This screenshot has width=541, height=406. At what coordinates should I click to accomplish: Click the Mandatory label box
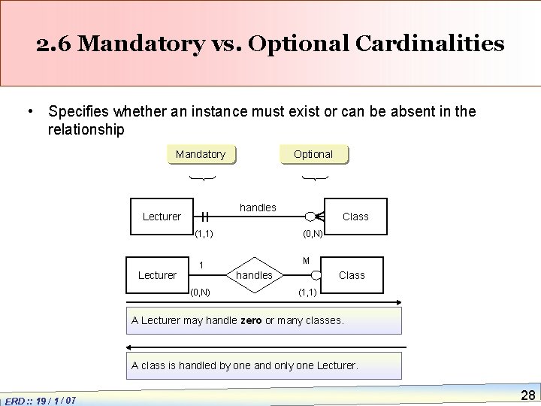click(200, 154)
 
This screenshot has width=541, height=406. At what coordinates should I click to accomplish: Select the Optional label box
click(313, 154)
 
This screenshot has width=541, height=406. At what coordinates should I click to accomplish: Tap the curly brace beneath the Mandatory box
click(201, 178)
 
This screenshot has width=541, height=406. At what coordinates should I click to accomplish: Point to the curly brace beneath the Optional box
click(314, 178)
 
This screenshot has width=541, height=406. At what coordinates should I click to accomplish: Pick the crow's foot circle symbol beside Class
click(313, 217)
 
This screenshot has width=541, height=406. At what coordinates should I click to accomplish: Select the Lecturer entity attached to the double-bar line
click(162, 217)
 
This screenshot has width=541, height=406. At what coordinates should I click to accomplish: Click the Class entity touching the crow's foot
click(355, 217)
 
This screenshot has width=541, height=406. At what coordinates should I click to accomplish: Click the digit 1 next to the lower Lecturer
click(201, 265)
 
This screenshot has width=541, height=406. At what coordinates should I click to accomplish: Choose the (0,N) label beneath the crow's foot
click(313, 234)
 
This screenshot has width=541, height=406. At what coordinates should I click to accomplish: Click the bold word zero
click(251, 320)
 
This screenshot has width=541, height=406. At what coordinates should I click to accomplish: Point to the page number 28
click(527, 395)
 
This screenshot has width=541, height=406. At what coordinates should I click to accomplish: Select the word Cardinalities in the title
click(434, 44)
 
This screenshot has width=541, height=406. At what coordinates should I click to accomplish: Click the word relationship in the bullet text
click(86, 129)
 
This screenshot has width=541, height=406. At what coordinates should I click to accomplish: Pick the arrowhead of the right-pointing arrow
click(402, 302)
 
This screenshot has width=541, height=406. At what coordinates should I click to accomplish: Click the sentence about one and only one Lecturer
click(245, 365)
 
